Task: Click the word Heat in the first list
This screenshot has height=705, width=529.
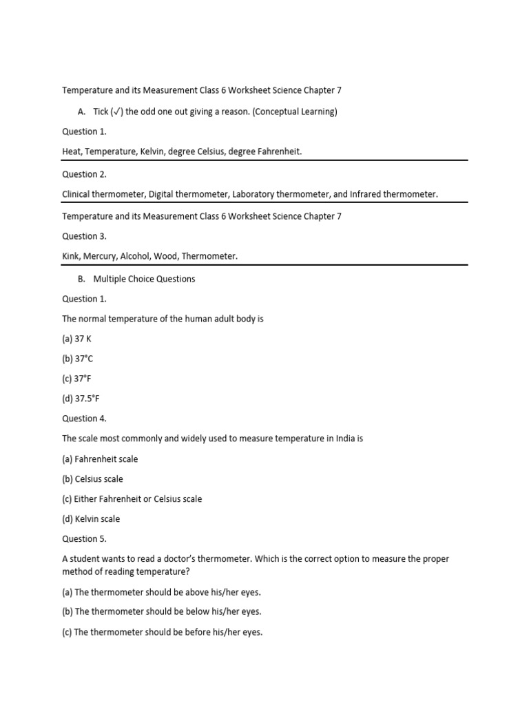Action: click(72, 151)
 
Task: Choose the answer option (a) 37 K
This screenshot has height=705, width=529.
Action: click(77, 339)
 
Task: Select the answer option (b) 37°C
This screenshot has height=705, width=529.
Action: click(77, 359)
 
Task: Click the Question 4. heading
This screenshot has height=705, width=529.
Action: click(84, 419)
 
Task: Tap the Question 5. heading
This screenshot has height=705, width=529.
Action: click(84, 538)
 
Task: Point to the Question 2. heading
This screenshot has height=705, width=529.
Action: click(84, 174)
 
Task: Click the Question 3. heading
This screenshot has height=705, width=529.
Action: click(84, 236)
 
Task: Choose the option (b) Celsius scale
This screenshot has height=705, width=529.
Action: click(92, 478)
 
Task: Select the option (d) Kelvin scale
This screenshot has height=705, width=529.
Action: click(91, 518)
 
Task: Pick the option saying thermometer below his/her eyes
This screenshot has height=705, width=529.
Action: click(162, 611)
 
